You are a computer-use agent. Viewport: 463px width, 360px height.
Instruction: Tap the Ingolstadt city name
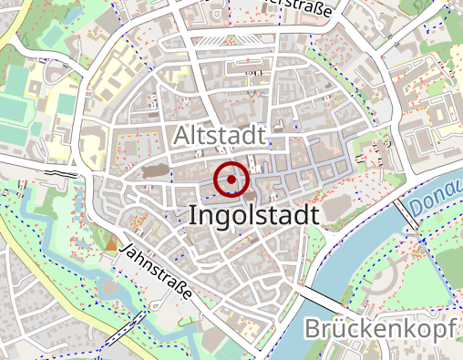[254, 215]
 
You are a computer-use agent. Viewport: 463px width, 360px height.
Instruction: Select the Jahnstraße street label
[157, 271]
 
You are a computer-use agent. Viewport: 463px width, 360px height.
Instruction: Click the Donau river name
[437, 196]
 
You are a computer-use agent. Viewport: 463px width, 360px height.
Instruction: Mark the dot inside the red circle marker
[231, 180]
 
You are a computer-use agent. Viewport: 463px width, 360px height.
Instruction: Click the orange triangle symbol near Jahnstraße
[111, 243]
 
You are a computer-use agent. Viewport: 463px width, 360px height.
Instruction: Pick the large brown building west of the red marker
[156, 170]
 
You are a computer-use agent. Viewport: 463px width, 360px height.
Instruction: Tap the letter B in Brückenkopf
[314, 329]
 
